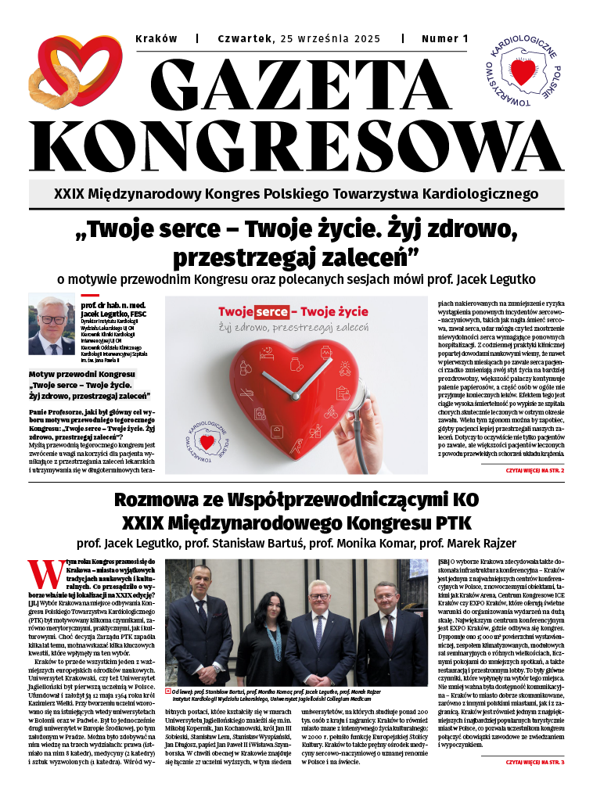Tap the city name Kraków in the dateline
pos(156,38)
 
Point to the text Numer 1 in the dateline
pos(444,38)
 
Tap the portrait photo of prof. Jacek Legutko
pos(51,325)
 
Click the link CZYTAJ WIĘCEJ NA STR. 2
pos(534,471)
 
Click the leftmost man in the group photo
pos(199,626)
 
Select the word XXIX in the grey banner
pos(70,193)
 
